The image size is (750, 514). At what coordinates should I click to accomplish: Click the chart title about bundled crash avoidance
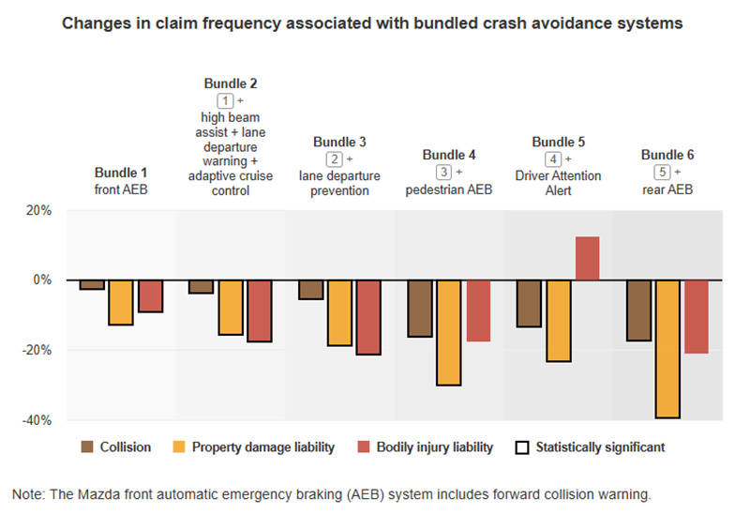pyautogui.click(x=372, y=23)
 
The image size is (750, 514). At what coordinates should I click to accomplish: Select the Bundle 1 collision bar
pyautogui.click(x=92, y=285)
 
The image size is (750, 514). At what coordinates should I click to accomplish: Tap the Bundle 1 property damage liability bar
pyautogui.click(x=120, y=302)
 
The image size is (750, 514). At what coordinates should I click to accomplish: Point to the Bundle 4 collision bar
pyautogui.click(x=420, y=309)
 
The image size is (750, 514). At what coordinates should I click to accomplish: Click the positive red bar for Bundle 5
pyautogui.click(x=587, y=259)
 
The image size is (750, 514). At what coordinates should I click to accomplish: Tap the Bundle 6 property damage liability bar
pyautogui.click(x=667, y=349)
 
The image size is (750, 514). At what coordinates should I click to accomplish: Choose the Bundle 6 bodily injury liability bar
pyautogui.click(x=696, y=317)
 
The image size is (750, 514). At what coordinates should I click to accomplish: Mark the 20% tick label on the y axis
pyautogui.click(x=37, y=210)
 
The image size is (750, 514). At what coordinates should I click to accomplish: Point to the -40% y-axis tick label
pyautogui.click(x=36, y=420)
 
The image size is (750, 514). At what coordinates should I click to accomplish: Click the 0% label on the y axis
pyautogui.click(x=41, y=280)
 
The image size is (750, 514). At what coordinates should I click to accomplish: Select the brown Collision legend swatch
pyautogui.click(x=87, y=447)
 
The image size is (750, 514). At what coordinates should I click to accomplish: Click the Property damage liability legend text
pyautogui.click(x=263, y=447)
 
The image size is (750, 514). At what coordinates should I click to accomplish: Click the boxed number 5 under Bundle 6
pyautogui.click(x=662, y=173)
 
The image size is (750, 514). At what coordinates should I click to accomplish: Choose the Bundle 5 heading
pyautogui.click(x=558, y=143)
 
